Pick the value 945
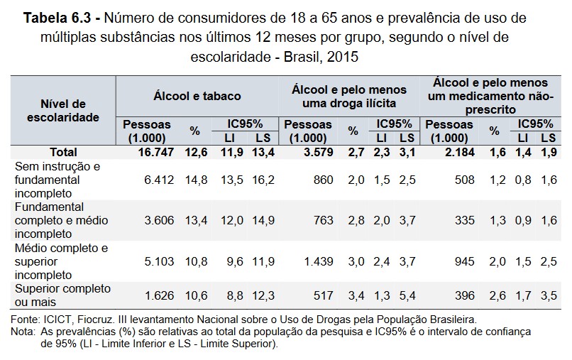pos(464,261)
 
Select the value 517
pos(322,295)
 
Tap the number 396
pos(464,295)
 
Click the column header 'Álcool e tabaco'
pos(197,96)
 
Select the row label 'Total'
pos(63,152)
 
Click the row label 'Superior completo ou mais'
pos(63,295)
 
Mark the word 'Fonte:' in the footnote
pos(29,320)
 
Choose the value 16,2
pos(263,180)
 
